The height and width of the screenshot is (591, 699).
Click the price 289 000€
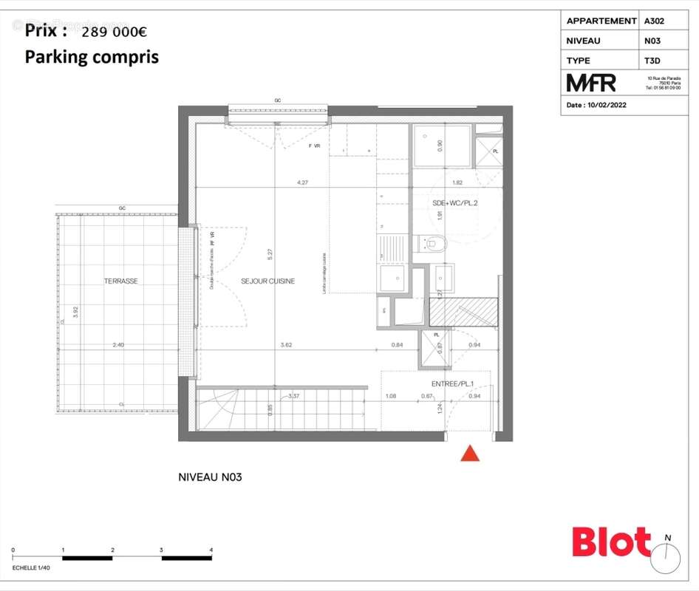(114, 32)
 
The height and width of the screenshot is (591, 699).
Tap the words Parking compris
(92, 57)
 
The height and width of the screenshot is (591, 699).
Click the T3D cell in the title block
(653, 61)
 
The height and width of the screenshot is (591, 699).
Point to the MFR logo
(590, 82)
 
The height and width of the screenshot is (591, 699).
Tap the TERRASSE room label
(120, 281)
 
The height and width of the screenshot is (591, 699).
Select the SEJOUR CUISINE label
(267, 281)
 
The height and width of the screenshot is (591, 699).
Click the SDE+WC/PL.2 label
(457, 202)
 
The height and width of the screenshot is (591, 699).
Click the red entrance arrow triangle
(470, 454)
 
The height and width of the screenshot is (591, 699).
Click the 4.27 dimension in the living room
(303, 182)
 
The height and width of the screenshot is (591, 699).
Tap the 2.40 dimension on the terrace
(118, 344)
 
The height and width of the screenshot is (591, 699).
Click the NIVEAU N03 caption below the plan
(211, 477)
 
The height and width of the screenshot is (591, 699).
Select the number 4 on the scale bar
(211, 550)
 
